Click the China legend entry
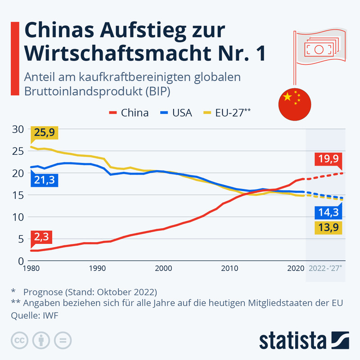pos(129,112)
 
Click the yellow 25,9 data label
pos(45,133)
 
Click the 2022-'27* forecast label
pos(325,269)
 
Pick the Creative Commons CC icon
pos(18,340)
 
